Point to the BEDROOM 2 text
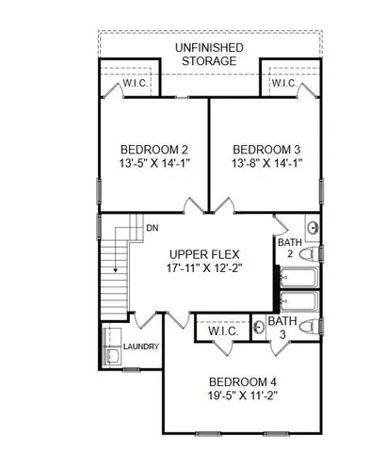[153, 150]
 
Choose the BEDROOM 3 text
[266, 150]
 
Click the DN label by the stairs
[151, 228]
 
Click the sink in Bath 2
[313, 228]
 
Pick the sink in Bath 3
[257, 330]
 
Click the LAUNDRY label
[141, 347]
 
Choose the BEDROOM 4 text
[241, 381]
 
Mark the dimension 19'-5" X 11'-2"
[241, 397]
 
